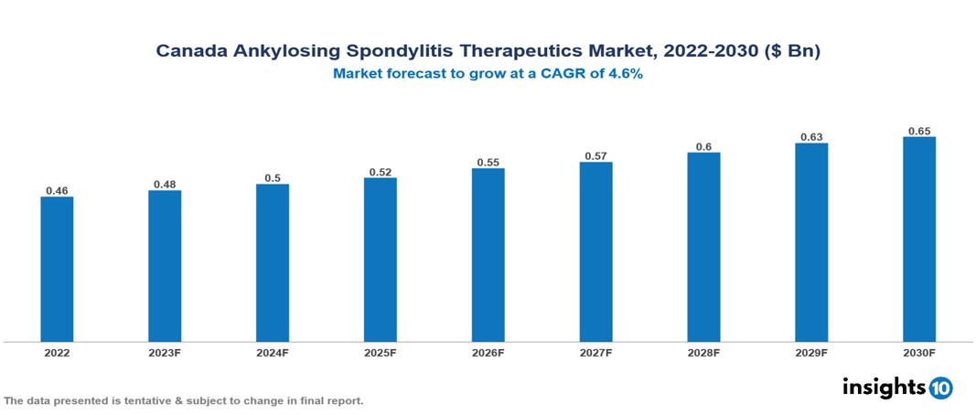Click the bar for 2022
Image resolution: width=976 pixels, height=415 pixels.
point(57,270)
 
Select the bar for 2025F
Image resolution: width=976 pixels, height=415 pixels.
point(380,260)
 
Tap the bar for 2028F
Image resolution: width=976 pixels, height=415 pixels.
point(703,247)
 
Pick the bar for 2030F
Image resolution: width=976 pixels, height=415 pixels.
point(919,239)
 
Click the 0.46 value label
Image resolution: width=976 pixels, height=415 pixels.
point(57,191)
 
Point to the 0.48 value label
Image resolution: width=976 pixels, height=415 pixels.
point(165,185)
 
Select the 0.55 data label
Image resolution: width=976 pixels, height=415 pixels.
point(488,163)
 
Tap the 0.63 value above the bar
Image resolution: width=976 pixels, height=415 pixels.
point(811,137)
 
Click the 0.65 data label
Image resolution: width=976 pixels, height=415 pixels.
point(919,131)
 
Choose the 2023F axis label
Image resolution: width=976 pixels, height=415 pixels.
point(165,352)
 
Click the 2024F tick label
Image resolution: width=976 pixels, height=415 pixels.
point(273,352)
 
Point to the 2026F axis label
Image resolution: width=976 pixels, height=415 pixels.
point(488,352)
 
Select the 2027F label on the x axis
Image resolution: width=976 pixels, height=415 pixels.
point(595,352)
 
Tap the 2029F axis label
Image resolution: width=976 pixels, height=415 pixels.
point(811,352)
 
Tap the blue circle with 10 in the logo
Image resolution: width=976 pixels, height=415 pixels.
point(940,388)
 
